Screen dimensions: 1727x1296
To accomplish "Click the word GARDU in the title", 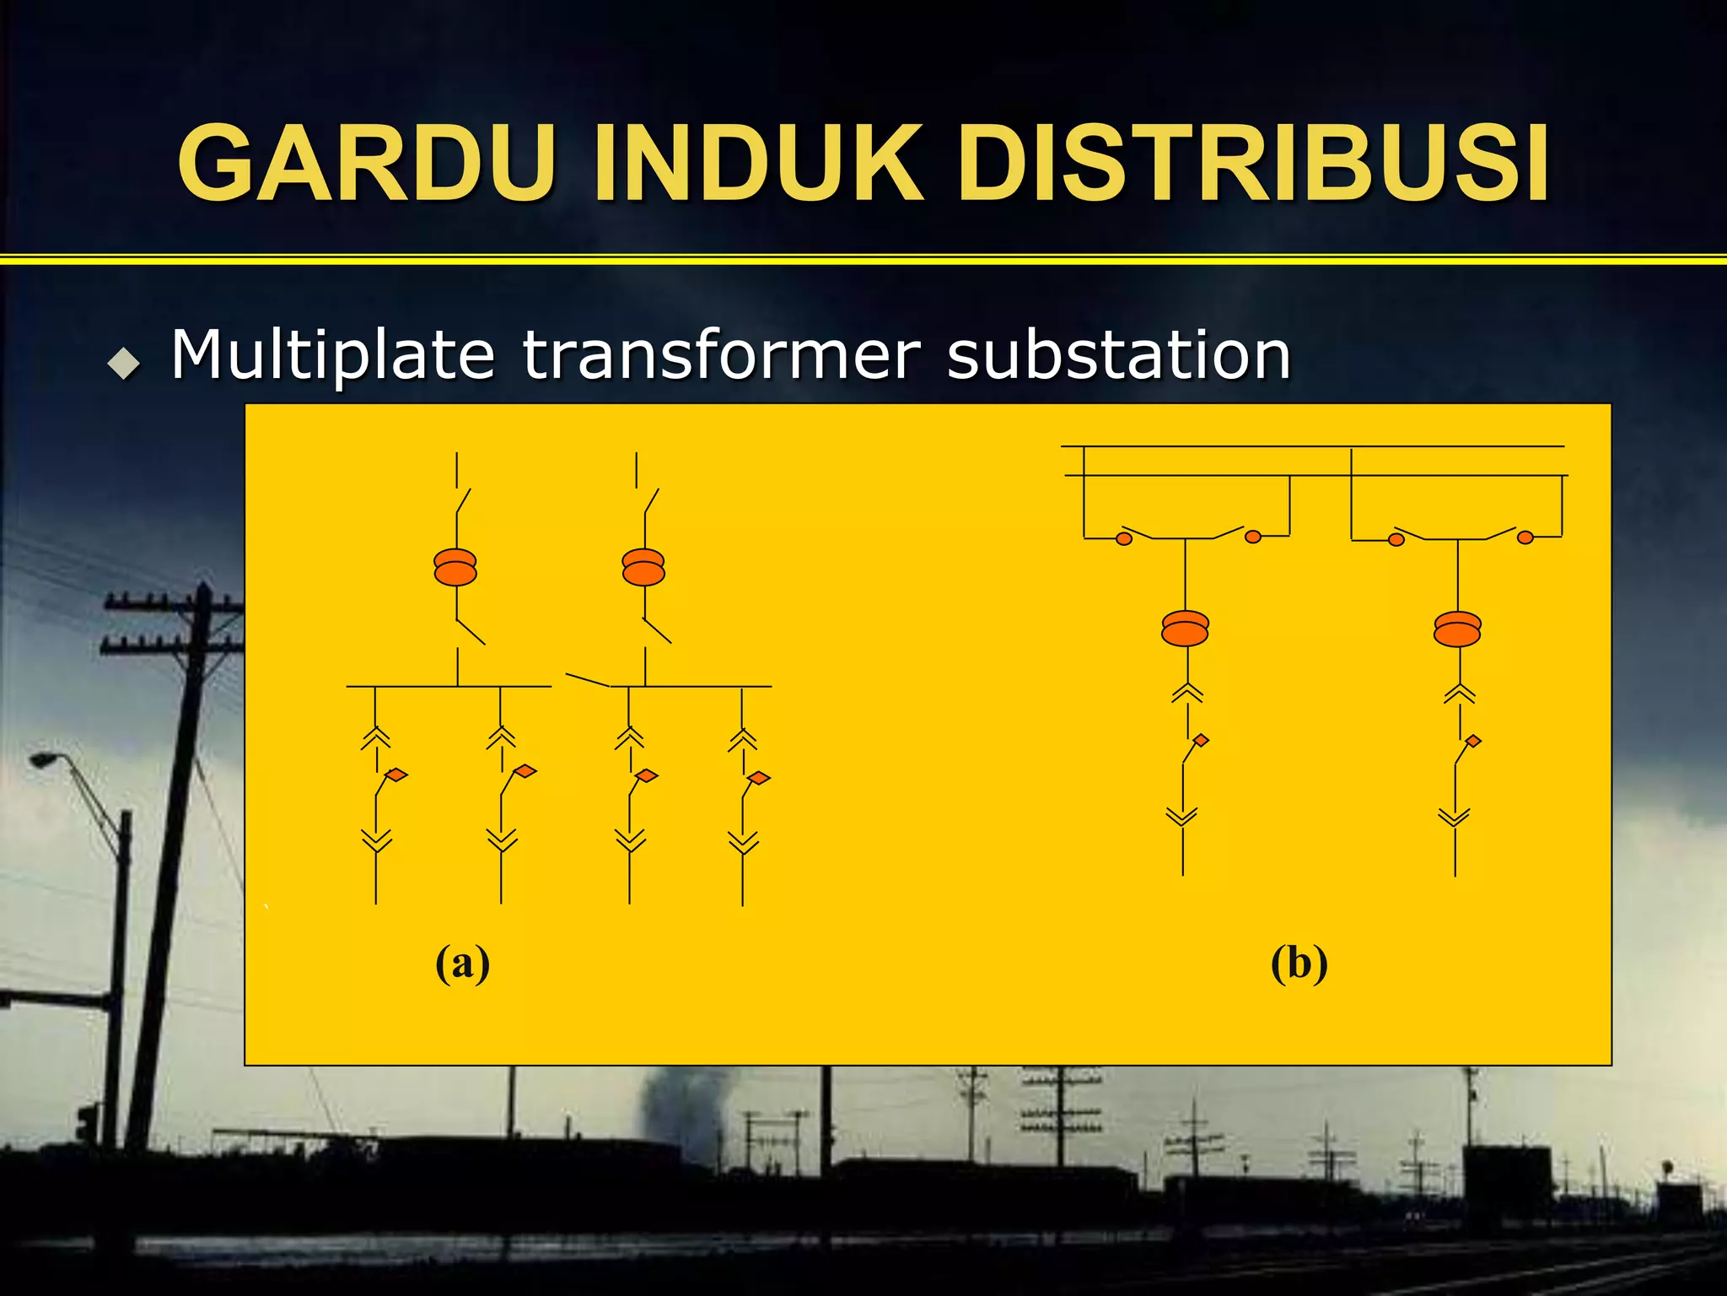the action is (x=368, y=163).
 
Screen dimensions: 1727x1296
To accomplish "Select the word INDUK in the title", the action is (x=758, y=163).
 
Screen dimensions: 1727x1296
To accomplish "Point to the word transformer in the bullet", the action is (x=720, y=354).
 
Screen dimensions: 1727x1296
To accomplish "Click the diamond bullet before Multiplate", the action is (x=124, y=364).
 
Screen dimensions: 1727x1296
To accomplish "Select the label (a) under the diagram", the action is (x=462, y=964).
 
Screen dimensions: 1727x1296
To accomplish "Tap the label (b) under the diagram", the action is (x=1299, y=964).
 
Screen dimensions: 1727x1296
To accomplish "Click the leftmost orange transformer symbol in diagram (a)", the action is (x=455, y=567).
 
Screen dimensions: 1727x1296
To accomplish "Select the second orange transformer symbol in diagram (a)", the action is (x=643, y=567).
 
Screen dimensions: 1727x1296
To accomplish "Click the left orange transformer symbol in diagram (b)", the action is (x=1185, y=629).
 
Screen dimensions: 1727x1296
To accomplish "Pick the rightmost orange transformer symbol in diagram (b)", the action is (x=1457, y=629).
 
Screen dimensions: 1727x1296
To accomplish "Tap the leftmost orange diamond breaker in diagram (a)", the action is (x=395, y=775).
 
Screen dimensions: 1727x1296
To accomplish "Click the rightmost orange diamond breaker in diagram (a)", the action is (x=758, y=778).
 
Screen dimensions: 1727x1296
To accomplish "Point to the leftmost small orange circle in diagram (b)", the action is (x=1124, y=538).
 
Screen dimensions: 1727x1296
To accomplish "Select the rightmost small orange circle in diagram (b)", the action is (x=1525, y=537).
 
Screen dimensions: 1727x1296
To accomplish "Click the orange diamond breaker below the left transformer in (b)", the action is (x=1201, y=741).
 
